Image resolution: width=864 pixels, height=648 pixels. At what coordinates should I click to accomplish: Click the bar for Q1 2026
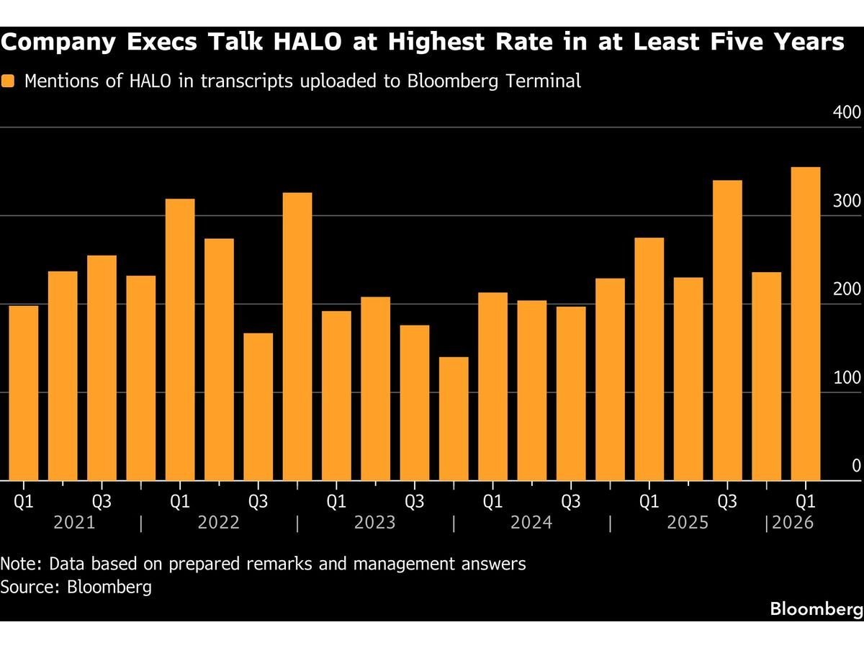[805, 324]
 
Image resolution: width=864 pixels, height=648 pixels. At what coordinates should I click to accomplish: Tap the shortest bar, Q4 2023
[454, 418]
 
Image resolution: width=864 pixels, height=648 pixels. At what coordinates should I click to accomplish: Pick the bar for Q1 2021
[24, 393]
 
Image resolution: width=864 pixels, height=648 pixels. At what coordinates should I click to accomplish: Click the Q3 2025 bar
[727, 330]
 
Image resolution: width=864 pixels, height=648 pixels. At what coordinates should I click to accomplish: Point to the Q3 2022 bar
[258, 407]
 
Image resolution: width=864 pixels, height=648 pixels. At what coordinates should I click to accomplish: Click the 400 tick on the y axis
[847, 113]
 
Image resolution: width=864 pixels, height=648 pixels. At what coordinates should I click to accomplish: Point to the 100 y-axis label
[847, 379]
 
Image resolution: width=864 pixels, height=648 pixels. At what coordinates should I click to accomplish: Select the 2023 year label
[374, 522]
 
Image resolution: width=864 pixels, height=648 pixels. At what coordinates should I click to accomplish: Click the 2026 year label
[792, 522]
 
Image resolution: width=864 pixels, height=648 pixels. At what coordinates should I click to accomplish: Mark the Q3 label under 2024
[570, 500]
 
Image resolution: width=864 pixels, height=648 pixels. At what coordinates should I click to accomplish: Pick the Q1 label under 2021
[24, 500]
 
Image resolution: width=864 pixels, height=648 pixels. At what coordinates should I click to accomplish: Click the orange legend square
[8, 81]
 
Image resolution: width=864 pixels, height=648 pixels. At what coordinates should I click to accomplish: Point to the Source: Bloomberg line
[76, 587]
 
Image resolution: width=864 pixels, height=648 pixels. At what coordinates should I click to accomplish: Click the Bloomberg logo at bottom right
[816, 609]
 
